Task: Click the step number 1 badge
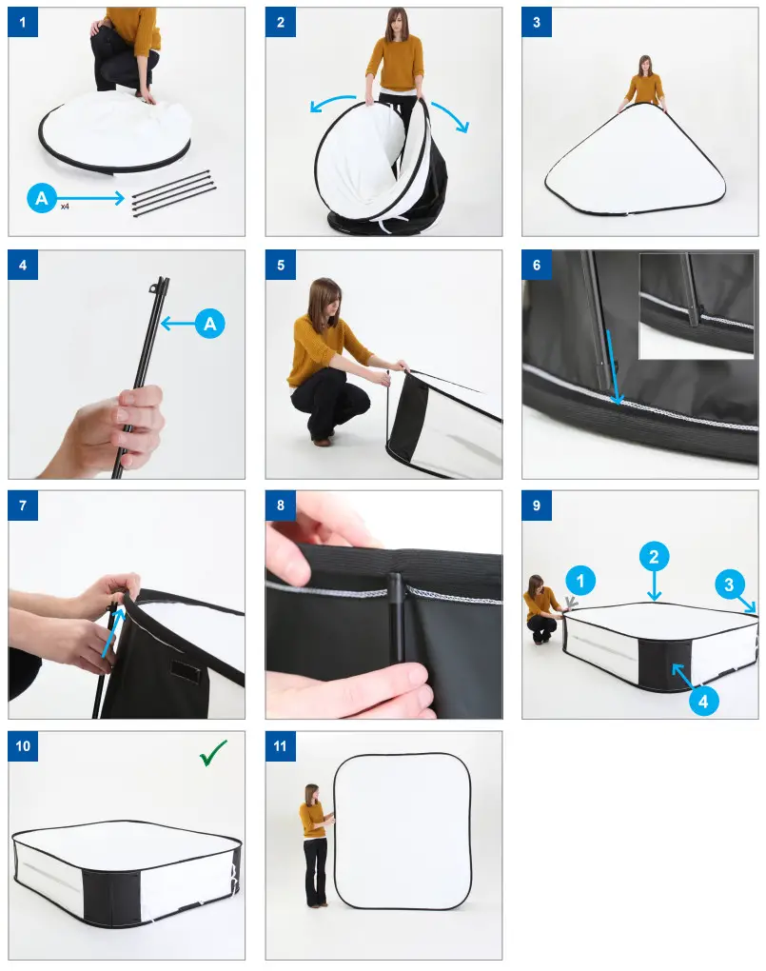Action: [x=23, y=22]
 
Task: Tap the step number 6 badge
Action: [x=537, y=265]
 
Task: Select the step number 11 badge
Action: [x=281, y=745]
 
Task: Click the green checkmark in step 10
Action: [x=214, y=752]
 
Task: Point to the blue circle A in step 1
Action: [x=42, y=198]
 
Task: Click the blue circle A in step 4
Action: [x=210, y=324]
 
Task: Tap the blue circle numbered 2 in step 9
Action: [x=654, y=557]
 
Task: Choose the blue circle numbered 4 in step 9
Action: [x=703, y=701]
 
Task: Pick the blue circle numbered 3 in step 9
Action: [x=729, y=584]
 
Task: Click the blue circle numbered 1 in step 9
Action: [x=580, y=581]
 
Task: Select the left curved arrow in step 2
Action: [x=331, y=102]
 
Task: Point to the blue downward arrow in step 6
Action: [x=613, y=367]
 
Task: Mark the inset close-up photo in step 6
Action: [x=696, y=306]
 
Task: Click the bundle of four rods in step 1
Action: [x=173, y=192]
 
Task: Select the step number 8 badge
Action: [x=281, y=505]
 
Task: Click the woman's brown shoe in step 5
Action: [x=321, y=442]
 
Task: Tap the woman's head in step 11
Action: [x=311, y=794]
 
